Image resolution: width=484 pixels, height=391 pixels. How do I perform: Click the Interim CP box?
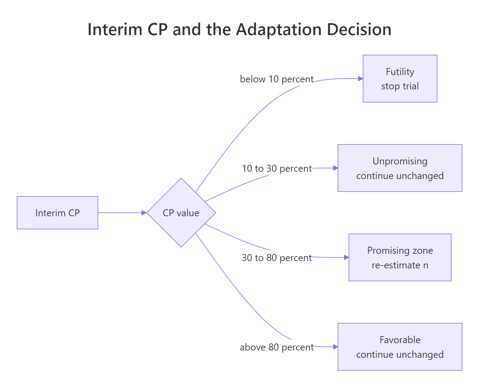(57, 213)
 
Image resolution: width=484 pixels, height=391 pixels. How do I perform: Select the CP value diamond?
(181, 213)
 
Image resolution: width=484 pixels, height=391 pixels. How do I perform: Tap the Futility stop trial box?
(400, 79)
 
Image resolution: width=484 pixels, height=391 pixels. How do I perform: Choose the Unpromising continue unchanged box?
(400, 168)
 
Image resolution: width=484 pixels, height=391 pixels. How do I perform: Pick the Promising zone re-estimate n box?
(400, 257)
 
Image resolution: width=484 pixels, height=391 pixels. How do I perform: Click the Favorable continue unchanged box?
(400, 347)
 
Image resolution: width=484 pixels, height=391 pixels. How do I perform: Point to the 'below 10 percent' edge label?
(277, 79)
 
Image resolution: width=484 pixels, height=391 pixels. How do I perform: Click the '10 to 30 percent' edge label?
(277, 168)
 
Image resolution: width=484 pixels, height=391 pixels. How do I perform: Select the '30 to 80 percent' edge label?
(277, 258)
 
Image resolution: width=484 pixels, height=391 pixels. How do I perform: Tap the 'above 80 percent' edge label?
(277, 347)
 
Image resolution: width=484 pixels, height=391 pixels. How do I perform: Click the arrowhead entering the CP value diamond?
(144, 213)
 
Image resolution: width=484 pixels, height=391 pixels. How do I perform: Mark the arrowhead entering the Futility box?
(361, 79)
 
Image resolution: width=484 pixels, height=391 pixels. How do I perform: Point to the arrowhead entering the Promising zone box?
(346, 257)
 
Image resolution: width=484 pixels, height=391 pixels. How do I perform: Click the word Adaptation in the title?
(279, 30)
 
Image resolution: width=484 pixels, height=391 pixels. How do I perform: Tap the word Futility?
(400, 72)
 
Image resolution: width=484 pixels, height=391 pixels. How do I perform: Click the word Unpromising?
(400, 161)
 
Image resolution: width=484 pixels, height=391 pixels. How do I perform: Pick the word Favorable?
(400, 340)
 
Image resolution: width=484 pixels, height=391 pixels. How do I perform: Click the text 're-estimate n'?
(400, 265)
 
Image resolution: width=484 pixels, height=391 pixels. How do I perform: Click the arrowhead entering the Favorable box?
(335, 347)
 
